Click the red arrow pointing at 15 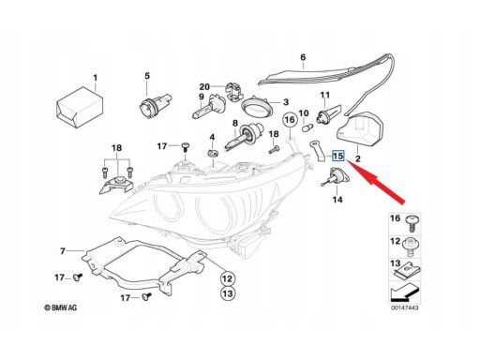pos(376,182)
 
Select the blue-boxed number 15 pos(337,156)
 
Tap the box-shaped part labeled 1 pos(80,107)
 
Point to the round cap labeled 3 pos(258,107)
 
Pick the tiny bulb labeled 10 pos(306,127)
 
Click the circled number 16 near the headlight pos(290,120)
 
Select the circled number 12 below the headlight pos(228,278)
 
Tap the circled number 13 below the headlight pos(228,293)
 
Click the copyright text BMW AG pos(60,307)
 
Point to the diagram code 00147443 pos(405,307)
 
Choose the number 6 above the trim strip pos(303,57)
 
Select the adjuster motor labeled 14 pos(337,177)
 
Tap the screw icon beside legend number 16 pos(412,223)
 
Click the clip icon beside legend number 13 pos(408,271)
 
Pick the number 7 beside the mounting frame pos(63,251)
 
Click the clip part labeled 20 pos(233,92)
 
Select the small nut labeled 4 pos(212,153)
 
